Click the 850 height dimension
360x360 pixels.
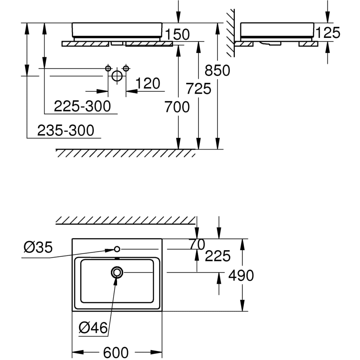point(217,70)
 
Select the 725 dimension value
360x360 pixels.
point(199,89)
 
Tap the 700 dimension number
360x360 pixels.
point(177,107)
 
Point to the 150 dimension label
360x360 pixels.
point(177,34)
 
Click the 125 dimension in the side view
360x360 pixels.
point(328,33)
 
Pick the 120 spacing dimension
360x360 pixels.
point(148,83)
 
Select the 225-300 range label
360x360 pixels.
point(82,106)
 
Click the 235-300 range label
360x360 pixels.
point(66,130)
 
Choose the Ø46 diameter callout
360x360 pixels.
point(93,328)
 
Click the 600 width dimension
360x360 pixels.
point(117,352)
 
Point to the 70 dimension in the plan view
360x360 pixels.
point(197,244)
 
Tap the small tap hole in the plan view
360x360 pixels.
point(117,249)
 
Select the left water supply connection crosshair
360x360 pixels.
point(108,68)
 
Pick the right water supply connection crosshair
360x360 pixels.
point(126,68)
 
